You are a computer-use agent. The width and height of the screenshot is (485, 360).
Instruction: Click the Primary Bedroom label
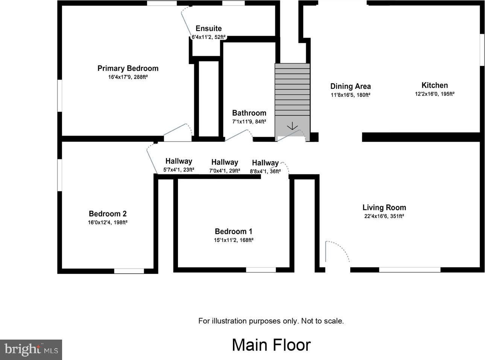point(128,68)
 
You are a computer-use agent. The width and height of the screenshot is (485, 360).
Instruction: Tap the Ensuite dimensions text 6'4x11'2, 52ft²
point(208,37)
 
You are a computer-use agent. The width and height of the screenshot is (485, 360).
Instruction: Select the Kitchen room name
point(435,85)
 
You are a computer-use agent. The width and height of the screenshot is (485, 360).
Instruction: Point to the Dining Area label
point(351,86)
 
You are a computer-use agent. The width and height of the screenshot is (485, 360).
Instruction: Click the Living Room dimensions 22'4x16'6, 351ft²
point(384,216)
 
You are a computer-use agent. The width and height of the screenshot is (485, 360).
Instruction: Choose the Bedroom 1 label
point(234,231)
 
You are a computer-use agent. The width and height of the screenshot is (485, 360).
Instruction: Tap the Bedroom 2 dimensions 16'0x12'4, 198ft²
point(108,223)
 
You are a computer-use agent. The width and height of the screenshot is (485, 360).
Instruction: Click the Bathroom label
point(249,113)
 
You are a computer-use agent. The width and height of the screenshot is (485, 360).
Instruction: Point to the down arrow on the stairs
point(292,126)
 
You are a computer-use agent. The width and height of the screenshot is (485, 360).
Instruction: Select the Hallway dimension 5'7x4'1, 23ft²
point(179,169)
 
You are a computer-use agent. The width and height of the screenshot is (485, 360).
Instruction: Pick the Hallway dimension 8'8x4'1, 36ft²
point(265,171)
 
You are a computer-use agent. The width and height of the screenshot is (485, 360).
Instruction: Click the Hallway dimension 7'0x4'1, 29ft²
point(225,171)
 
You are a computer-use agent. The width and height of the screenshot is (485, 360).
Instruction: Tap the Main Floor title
point(271,345)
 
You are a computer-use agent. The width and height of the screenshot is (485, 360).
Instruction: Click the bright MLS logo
point(31,350)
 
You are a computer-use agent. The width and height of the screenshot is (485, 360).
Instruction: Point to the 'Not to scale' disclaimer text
point(322,321)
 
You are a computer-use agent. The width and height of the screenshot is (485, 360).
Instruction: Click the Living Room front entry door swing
point(337,252)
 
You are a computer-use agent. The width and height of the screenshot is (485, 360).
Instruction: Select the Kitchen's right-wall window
point(482,50)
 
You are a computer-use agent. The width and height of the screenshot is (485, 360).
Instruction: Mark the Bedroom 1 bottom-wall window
point(261,270)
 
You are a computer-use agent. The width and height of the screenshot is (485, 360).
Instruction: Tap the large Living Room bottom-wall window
point(410,270)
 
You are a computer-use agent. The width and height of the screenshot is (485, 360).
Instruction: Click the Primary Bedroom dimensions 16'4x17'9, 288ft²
point(128,77)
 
